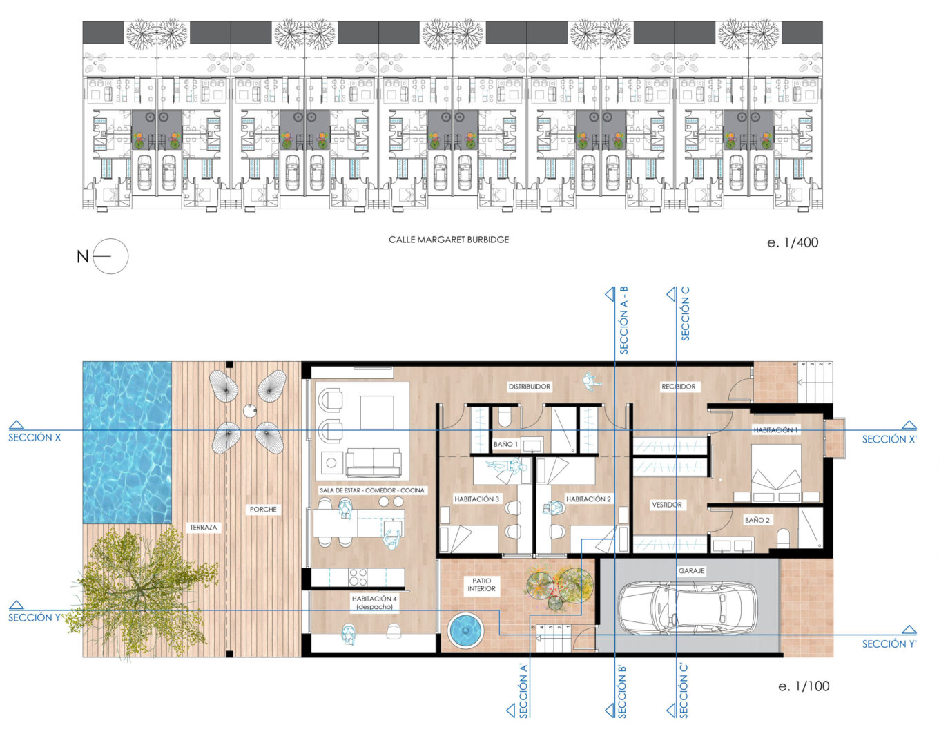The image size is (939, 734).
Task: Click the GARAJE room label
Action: [x=691, y=570]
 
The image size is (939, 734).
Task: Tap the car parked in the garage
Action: [x=688, y=608]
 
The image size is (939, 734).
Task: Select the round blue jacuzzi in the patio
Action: [x=465, y=630]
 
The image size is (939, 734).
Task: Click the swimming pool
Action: [x=127, y=443]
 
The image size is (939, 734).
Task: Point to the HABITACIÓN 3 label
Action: [x=476, y=499]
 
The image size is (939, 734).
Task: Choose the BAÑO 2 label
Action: [x=757, y=520]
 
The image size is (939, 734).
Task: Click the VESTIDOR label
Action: [x=666, y=505]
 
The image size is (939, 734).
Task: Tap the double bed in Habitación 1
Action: [x=776, y=472]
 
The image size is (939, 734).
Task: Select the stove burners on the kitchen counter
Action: [x=358, y=577]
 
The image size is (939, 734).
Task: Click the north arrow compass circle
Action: [x=110, y=256]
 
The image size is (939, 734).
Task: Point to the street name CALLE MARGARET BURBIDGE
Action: [x=449, y=240]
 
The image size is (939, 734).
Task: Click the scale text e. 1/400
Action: [x=793, y=242]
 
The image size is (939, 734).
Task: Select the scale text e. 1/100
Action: [x=804, y=686]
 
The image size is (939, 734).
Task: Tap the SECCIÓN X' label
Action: [x=889, y=439]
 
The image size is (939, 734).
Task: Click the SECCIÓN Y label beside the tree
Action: [x=35, y=618]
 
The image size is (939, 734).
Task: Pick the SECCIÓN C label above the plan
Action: [x=685, y=313]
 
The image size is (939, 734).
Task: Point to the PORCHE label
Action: [x=263, y=510]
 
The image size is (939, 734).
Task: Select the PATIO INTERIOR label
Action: [x=481, y=585]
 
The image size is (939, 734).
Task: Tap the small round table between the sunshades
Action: [x=250, y=411]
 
